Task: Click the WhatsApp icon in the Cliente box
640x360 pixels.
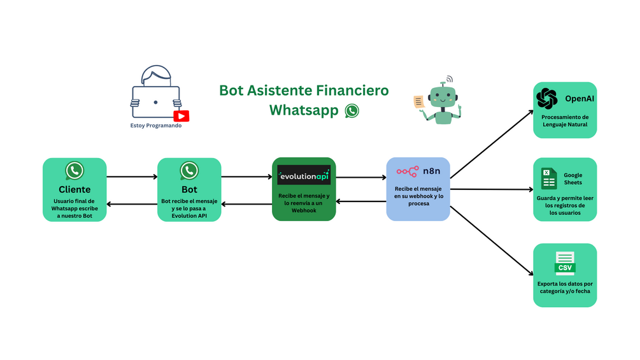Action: (x=75, y=171)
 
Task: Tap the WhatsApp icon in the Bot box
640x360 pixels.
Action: (x=189, y=171)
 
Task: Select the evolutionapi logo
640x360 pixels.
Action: (x=304, y=175)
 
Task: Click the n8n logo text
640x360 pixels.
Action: (x=432, y=171)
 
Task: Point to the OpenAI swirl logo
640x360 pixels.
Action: (x=546, y=99)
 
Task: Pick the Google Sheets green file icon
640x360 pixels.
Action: (x=549, y=178)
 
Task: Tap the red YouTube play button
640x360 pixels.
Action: (x=181, y=115)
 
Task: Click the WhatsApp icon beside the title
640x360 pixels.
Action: (x=352, y=111)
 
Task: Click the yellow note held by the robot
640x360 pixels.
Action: (x=419, y=102)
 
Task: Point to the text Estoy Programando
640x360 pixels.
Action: (x=156, y=126)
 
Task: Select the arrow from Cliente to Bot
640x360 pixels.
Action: (x=132, y=176)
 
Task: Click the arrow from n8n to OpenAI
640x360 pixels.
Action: (x=491, y=143)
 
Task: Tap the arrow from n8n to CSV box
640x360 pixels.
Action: (x=491, y=240)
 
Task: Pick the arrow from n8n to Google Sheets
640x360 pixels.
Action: (x=491, y=189)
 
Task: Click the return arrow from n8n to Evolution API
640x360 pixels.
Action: (x=361, y=201)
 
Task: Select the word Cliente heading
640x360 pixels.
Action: (x=75, y=189)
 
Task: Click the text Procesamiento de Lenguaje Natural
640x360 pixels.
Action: (x=565, y=121)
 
